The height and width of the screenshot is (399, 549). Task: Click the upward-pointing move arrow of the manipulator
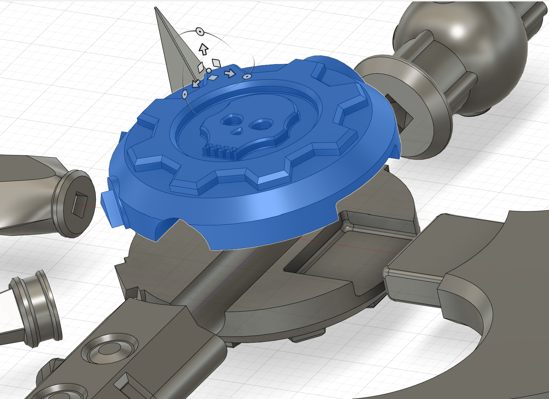tap(203, 49)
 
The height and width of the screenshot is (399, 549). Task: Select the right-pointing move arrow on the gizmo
tap(231, 73)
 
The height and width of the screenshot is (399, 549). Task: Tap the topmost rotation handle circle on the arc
tap(200, 32)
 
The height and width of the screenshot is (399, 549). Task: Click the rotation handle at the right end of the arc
tap(247, 76)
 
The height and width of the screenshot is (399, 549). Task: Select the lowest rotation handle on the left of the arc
tap(185, 94)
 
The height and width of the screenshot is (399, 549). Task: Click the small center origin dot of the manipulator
tap(209, 71)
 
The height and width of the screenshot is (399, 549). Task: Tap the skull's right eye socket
tap(261, 124)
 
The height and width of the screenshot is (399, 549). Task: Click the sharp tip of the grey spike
tap(155, 8)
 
